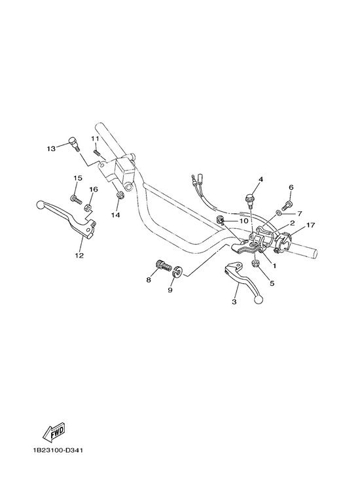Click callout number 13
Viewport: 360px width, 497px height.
coord(51,148)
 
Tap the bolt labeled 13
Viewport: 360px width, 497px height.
coord(74,144)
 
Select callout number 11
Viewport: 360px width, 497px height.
coord(95,139)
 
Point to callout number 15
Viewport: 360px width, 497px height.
coord(78,178)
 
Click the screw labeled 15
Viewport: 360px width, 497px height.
coord(76,199)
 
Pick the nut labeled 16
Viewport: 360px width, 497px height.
coord(88,207)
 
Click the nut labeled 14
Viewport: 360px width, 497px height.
coord(120,196)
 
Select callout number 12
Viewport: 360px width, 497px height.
coord(79,255)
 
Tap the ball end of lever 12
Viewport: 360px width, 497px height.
coord(41,205)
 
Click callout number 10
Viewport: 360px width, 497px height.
coord(243,220)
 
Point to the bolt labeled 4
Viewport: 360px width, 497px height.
coord(249,200)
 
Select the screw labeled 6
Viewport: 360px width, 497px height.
coord(287,206)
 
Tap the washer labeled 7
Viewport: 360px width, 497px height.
coord(278,212)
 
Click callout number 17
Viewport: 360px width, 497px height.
coord(310,225)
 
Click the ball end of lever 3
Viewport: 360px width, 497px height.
coord(259,300)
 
